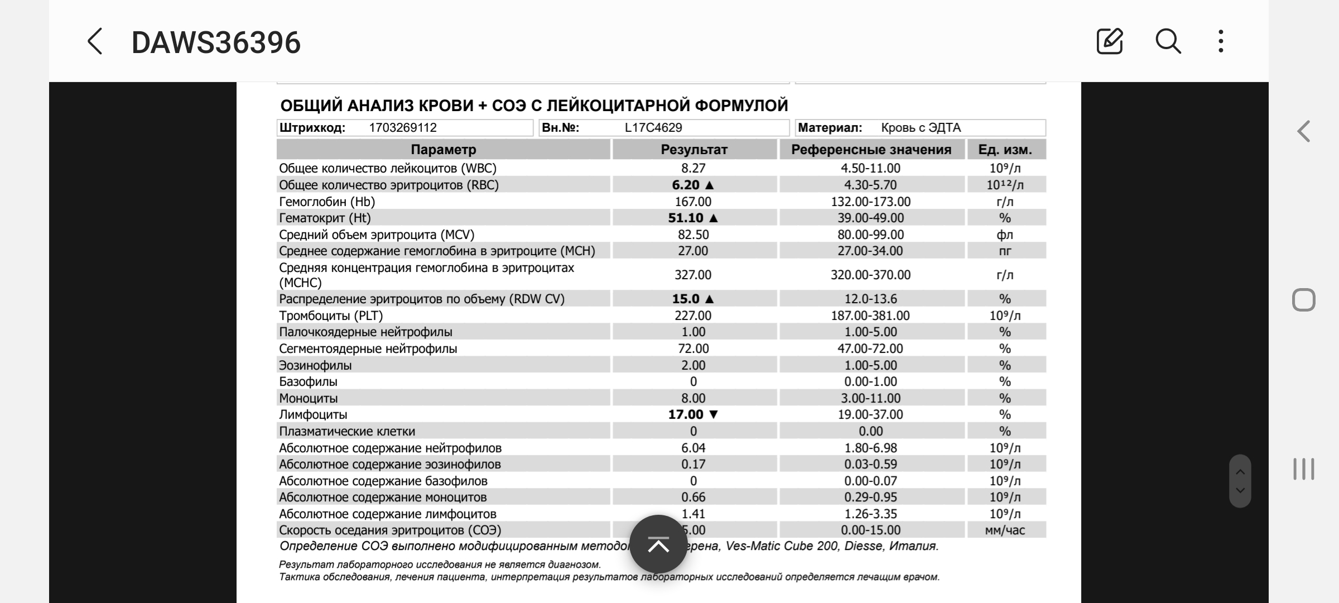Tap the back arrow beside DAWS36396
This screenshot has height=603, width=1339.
point(95,42)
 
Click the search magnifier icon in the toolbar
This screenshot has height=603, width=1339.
point(1168,42)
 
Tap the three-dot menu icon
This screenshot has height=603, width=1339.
point(1221,42)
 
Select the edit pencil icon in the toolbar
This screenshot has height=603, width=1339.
point(1109,42)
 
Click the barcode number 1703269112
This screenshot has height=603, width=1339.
point(403,128)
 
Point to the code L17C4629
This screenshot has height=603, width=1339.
point(653,128)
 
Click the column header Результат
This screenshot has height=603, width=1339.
point(694,150)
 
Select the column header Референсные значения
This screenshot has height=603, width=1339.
point(871,150)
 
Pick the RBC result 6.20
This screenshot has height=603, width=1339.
point(686,185)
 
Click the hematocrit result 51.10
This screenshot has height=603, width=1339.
point(686,218)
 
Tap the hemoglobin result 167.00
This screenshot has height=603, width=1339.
point(693,202)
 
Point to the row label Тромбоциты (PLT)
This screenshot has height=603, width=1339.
point(331,315)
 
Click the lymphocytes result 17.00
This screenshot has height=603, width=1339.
point(686,414)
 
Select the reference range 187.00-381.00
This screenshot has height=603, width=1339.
point(870,315)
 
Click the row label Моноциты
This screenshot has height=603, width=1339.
point(309,398)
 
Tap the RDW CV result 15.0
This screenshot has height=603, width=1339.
point(686,299)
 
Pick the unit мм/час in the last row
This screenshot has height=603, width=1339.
point(1005,530)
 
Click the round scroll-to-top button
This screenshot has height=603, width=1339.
point(658,544)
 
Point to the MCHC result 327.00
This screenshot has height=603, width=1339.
point(693,275)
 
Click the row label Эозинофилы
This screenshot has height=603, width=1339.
point(315,365)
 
